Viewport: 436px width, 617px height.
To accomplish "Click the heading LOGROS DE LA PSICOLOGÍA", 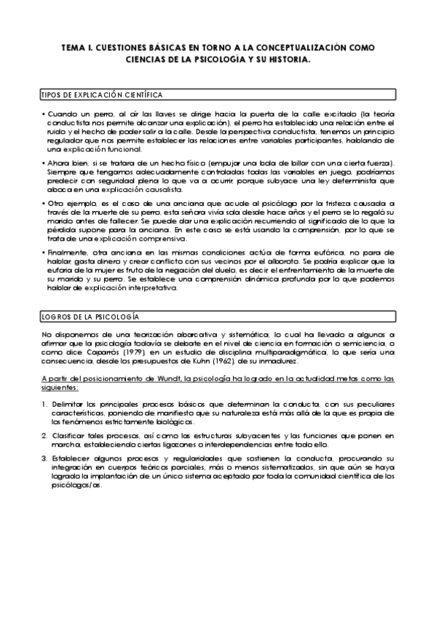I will point(90,317).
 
